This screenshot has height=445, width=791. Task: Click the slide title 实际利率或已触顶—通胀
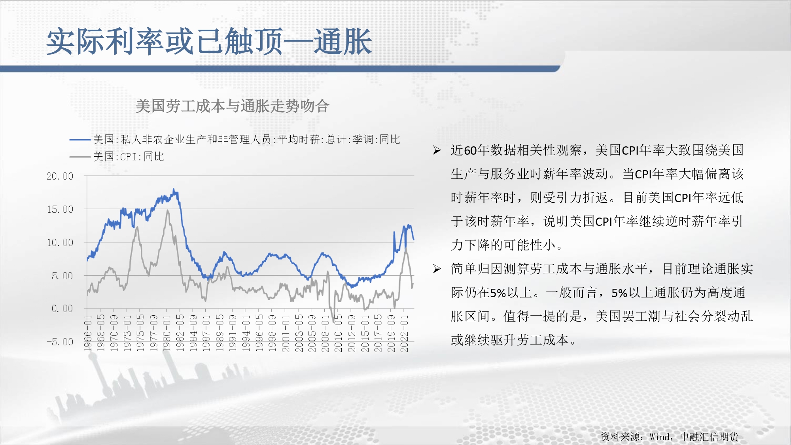coord(209,42)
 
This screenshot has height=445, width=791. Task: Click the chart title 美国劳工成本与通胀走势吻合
coord(233,106)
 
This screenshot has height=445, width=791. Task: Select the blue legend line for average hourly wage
coord(80,139)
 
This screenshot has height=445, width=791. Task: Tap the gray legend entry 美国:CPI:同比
coord(117,157)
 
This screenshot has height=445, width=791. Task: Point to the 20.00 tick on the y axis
coord(60,176)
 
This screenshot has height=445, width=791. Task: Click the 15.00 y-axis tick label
coord(60,209)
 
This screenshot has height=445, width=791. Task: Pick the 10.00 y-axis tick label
coord(60,242)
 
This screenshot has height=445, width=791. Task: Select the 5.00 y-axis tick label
coord(62,276)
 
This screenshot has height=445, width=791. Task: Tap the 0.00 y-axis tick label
coord(62,309)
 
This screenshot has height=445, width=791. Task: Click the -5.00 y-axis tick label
coord(60,342)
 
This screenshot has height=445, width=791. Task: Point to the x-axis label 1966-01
coord(88,333)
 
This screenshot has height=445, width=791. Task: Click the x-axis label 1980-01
coord(167,333)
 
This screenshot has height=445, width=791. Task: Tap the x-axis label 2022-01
coord(404,333)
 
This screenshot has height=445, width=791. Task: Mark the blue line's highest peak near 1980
coord(174,189)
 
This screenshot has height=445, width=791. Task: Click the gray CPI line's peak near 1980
coord(168,211)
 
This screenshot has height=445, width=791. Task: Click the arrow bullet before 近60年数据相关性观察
coord(437,150)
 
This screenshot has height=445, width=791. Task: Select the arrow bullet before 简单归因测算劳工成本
coord(437,269)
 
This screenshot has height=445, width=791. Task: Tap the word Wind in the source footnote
coord(659,437)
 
